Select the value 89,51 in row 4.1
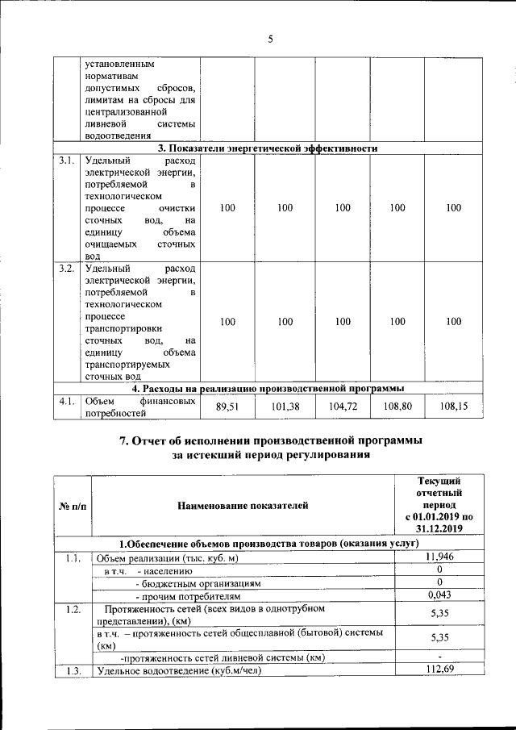[228, 407]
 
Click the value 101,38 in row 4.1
[285, 407]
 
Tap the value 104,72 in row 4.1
[343, 407]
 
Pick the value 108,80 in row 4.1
[397, 407]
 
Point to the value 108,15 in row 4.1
[454, 407]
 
